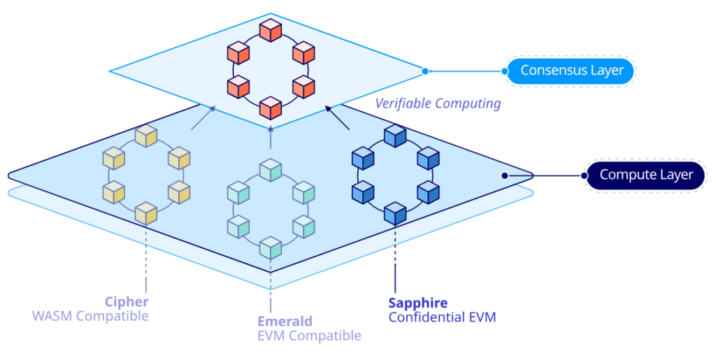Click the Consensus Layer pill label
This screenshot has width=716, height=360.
click(571, 71)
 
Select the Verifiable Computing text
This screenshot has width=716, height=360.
click(438, 103)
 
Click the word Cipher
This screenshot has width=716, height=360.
click(127, 302)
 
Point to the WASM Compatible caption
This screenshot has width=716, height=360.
click(90, 316)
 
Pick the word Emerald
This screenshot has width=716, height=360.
click(285, 322)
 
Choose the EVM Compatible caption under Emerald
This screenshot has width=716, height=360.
click(309, 336)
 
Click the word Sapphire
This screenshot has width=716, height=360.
click(417, 303)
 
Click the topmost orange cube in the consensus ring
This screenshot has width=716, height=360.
click(270, 30)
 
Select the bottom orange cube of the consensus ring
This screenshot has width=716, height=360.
click(270, 108)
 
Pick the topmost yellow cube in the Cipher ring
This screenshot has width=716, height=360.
click(146, 136)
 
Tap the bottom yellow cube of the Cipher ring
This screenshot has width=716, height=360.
click(145, 213)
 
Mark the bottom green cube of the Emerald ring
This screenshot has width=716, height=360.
click(270, 247)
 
